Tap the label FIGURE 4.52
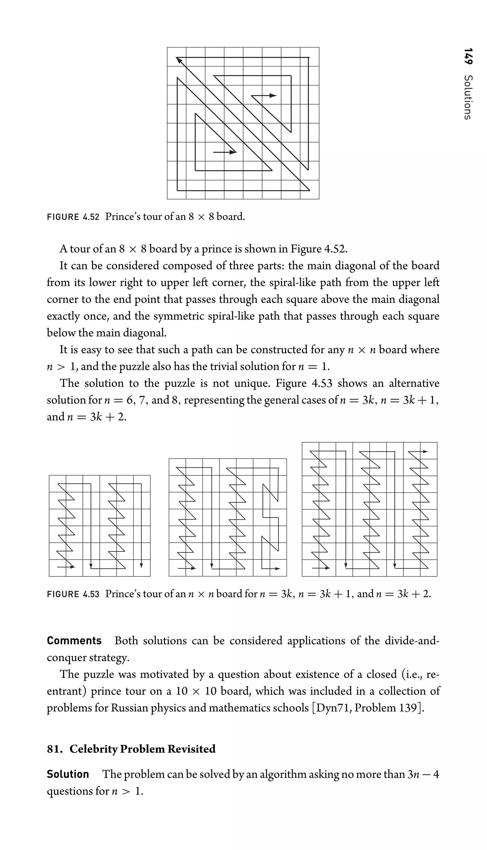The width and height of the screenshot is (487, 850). click(73, 217)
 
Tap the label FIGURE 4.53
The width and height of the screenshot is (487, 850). click(73, 594)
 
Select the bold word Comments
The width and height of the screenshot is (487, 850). click(74, 641)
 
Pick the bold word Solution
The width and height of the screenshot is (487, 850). click(68, 774)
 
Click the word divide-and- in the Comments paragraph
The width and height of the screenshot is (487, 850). click(412, 641)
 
